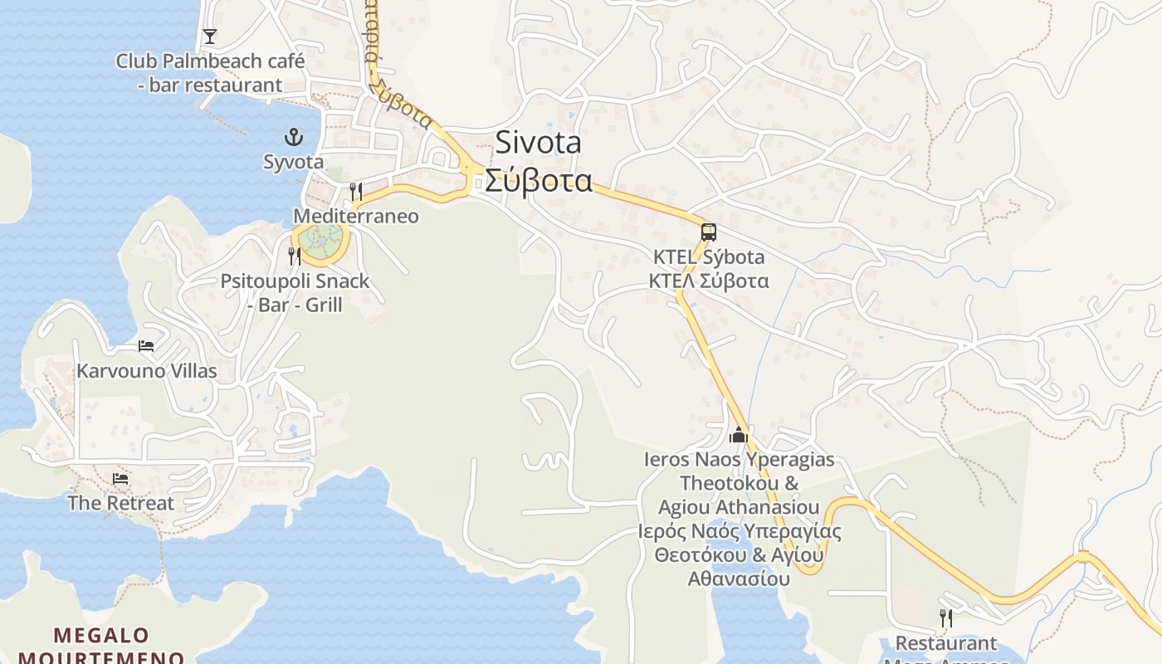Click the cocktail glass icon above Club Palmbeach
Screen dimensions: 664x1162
coord(210,36)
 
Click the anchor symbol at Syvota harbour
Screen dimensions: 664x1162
coord(292,137)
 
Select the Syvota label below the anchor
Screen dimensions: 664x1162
coord(294,162)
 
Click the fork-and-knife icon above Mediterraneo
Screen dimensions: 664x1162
coord(356,192)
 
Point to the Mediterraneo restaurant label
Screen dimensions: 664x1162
coord(356,217)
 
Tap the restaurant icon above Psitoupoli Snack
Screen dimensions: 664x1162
coord(295,256)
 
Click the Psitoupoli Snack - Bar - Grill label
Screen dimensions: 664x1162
coord(295,293)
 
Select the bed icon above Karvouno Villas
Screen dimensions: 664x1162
coord(146,346)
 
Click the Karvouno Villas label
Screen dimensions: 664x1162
coord(147,371)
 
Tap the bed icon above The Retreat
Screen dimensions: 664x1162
coord(121,479)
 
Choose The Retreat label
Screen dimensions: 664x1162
coord(121,503)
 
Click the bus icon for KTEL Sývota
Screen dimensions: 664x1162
coord(708,232)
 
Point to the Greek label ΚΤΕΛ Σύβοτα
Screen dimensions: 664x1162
coord(709,281)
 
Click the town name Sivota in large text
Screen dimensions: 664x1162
coord(539,143)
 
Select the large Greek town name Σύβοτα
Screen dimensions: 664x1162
coord(539,180)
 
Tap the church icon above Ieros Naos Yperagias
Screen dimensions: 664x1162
coord(739,435)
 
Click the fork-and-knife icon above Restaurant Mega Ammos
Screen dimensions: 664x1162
coord(945,618)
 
